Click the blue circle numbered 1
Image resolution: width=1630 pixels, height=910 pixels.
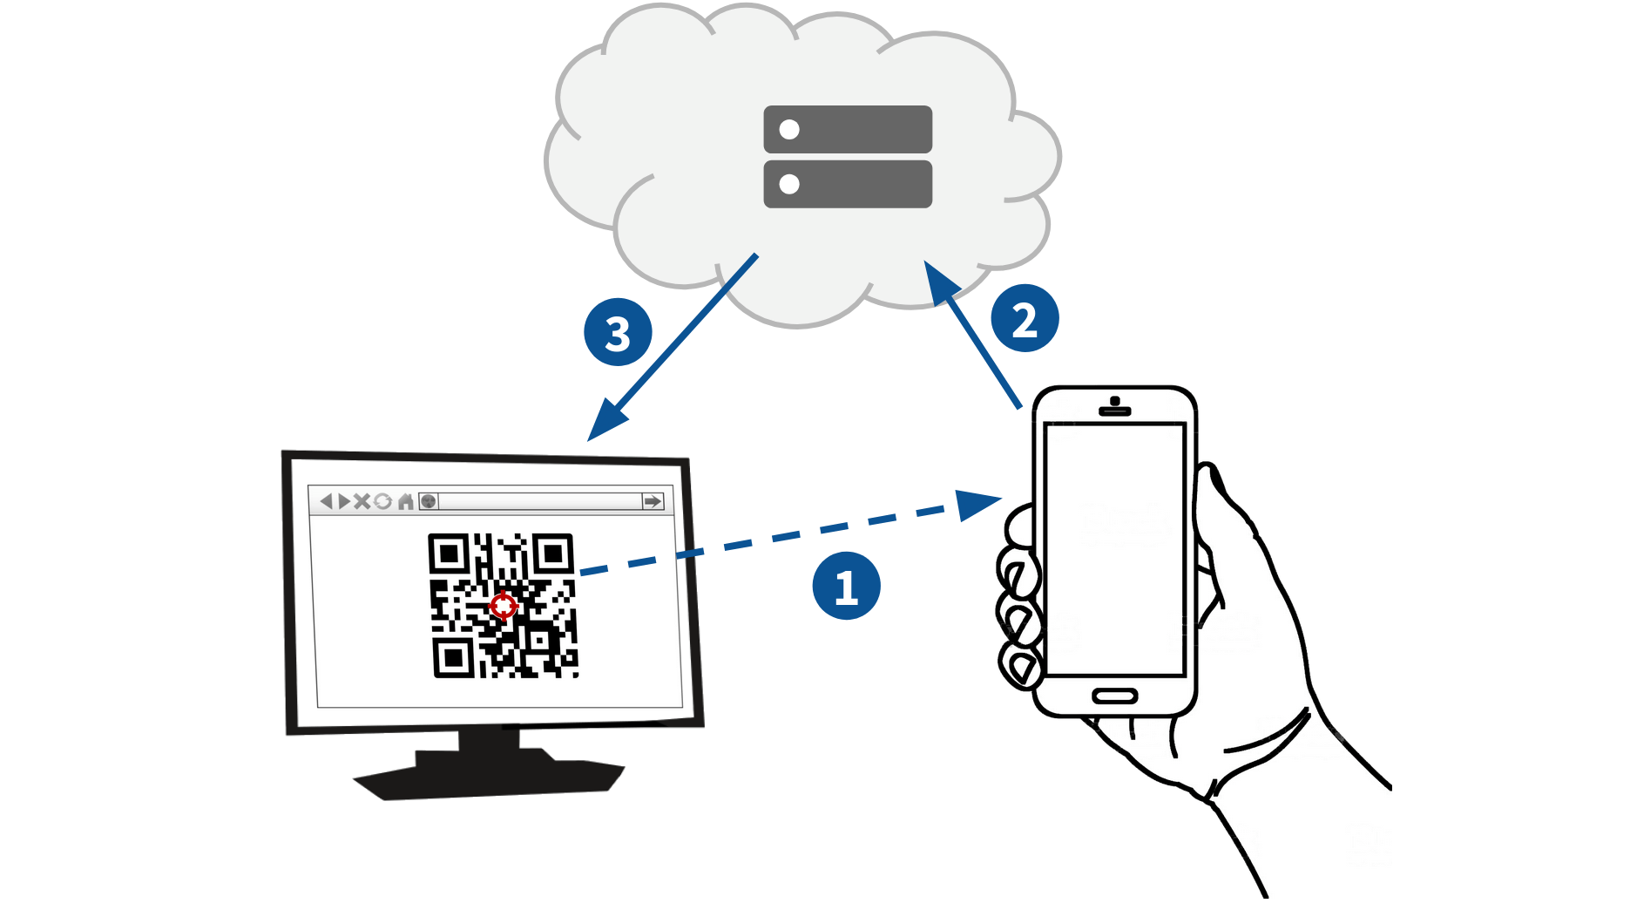click(846, 587)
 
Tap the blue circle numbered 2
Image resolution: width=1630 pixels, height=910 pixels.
click(1025, 319)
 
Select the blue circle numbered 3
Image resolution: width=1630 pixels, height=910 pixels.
click(618, 333)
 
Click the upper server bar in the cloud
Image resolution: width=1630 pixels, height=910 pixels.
click(848, 129)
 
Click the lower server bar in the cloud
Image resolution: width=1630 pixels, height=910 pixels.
click(848, 184)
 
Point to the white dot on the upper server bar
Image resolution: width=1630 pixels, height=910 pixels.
click(789, 130)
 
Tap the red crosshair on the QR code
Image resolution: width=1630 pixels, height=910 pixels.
click(503, 605)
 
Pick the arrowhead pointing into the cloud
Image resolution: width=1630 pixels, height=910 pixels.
click(939, 281)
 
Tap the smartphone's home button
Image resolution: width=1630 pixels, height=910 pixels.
click(1114, 696)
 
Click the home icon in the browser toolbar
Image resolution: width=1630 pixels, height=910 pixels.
click(405, 501)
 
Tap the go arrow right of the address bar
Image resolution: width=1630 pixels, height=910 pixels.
click(653, 501)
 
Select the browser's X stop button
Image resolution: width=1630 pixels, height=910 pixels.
click(362, 501)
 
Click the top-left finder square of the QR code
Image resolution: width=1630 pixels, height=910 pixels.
click(449, 553)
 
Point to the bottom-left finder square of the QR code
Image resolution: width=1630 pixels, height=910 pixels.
click(453, 658)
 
